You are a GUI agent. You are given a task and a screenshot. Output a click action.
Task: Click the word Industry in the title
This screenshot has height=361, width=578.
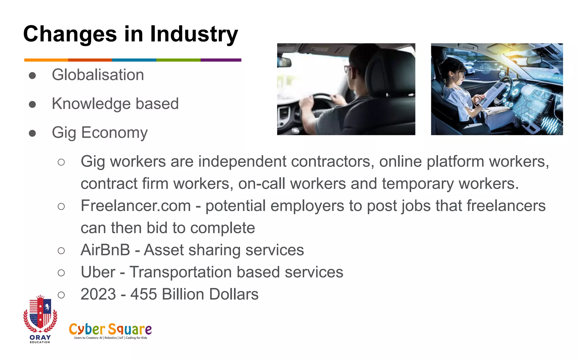194,34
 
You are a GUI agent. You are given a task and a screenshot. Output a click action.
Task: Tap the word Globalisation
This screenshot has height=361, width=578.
98,75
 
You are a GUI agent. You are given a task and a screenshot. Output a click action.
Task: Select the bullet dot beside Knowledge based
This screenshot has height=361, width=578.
32,104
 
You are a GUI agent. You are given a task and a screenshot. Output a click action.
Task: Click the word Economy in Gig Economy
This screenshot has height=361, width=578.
114,133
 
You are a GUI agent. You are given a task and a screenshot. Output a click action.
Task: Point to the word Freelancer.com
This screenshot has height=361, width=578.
136,206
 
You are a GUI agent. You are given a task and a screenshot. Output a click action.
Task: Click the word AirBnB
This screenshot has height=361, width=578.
105,250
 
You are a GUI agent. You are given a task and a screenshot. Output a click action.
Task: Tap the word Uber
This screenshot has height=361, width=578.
98,272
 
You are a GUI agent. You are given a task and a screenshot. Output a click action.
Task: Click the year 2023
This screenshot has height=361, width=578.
98,294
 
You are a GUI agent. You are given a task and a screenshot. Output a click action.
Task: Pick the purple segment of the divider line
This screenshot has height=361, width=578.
221,60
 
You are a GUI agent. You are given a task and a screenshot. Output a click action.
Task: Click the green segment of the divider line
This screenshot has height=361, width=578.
178,60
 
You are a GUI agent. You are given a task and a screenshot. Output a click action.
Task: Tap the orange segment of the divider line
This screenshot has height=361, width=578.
46,60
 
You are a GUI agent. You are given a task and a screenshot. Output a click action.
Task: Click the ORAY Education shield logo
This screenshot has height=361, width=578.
40,316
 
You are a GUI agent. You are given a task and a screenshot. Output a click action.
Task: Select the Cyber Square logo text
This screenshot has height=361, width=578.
110,329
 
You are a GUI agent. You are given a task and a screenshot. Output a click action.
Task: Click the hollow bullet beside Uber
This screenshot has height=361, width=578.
61,273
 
